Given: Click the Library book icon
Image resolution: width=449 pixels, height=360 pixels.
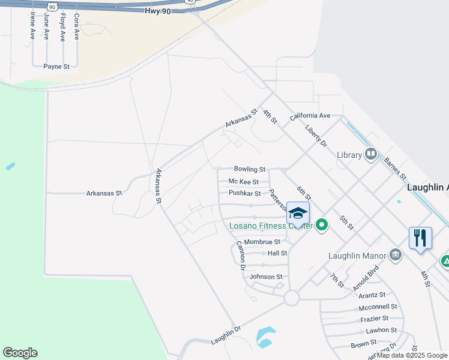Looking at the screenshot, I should click(x=370, y=155).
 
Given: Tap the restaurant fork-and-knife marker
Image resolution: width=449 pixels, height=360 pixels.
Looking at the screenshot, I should click(x=420, y=238).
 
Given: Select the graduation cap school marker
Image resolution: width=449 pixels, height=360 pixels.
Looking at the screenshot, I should click(x=298, y=214).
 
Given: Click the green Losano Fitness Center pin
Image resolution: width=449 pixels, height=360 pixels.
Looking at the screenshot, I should click(x=322, y=226).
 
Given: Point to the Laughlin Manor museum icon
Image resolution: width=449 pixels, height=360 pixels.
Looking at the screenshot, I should click(x=395, y=256).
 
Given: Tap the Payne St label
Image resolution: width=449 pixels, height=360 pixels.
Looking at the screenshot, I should click(x=56, y=67).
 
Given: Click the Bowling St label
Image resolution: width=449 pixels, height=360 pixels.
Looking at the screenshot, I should click(x=249, y=170).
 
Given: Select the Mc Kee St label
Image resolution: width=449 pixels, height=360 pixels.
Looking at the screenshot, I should click(x=243, y=182).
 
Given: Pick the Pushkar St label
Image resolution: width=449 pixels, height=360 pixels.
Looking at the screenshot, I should click(x=244, y=194).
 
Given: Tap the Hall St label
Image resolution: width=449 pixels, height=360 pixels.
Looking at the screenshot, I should click(x=277, y=253).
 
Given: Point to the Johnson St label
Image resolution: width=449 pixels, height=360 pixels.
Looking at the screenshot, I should click(x=265, y=277).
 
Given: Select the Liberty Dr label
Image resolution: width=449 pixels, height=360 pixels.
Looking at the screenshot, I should click(x=315, y=136).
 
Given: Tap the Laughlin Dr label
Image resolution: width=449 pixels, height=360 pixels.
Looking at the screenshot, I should click(x=226, y=335).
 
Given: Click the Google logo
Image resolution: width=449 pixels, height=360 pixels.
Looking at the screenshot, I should click(x=20, y=353).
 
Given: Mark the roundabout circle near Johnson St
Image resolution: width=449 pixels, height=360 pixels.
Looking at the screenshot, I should click(x=292, y=297).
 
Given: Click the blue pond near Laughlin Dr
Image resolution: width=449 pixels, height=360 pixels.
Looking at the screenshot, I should click(x=265, y=337).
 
